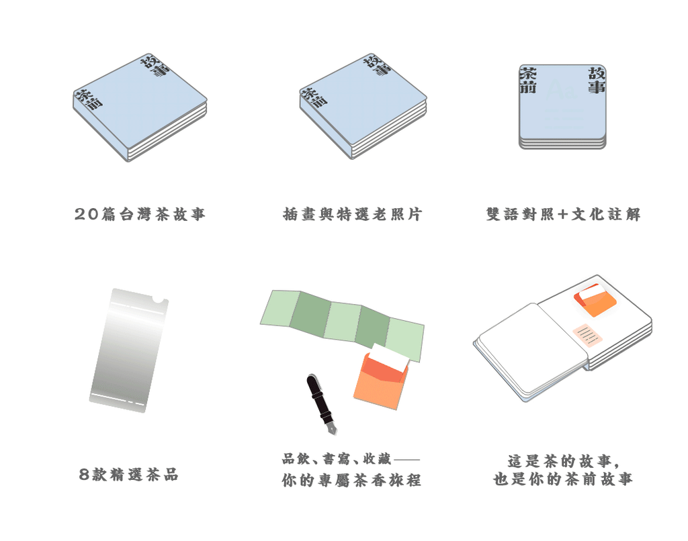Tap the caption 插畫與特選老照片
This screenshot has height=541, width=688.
(x=352, y=215)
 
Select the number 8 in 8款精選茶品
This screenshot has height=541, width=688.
(x=84, y=475)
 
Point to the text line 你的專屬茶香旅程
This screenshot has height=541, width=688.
(x=351, y=481)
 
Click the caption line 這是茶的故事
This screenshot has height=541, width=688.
(x=563, y=461)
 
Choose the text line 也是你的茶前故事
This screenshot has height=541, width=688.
(x=563, y=479)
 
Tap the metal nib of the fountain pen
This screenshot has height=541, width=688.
(x=331, y=427)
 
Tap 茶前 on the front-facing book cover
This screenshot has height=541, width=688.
(x=529, y=80)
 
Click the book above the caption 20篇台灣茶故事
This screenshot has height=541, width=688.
(x=140, y=107)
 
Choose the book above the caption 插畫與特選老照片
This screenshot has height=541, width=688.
(x=363, y=107)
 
